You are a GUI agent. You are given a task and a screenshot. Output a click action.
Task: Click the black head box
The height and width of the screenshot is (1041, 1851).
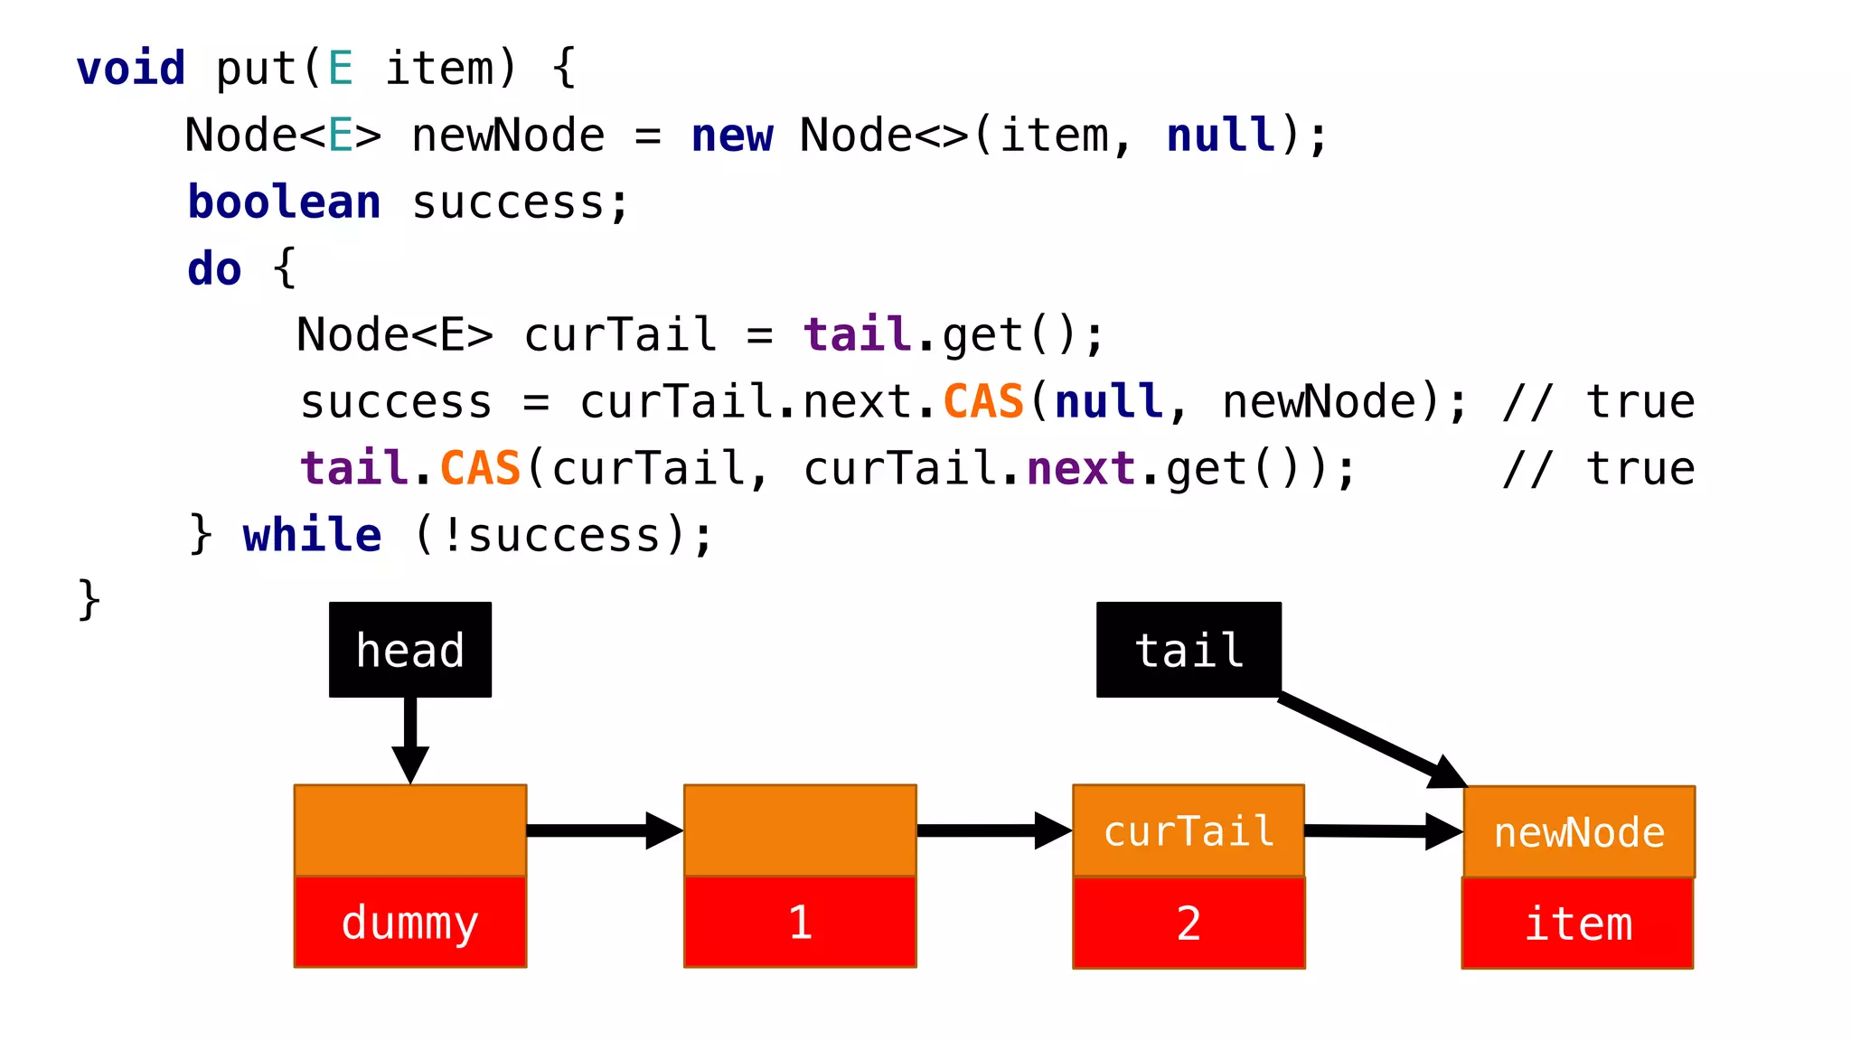click(x=409, y=650)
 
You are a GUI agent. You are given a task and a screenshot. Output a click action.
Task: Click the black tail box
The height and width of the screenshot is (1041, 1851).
click(x=1188, y=650)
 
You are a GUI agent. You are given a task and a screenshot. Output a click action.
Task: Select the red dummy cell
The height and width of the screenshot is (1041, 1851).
click(x=409, y=923)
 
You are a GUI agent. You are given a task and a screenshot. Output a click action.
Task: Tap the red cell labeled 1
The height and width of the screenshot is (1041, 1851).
click(x=800, y=923)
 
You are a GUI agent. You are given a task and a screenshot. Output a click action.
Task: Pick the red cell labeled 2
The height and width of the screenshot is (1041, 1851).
click(x=1189, y=923)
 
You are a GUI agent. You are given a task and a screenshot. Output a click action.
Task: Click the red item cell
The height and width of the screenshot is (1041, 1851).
click(x=1577, y=924)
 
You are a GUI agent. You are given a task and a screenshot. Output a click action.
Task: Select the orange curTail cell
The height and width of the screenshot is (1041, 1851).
click(x=1189, y=830)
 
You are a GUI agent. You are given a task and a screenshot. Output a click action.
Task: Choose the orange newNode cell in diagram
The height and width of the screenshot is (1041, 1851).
click(x=1579, y=832)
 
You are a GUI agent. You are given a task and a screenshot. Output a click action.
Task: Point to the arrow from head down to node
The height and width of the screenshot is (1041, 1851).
click(x=410, y=736)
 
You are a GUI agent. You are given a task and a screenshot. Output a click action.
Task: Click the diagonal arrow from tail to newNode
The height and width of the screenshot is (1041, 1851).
click(x=1369, y=739)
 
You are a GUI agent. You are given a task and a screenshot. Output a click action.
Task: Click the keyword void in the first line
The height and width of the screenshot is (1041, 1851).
click(x=131, y=70)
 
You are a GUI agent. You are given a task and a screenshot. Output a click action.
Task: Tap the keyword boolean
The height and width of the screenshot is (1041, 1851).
click(x=284, y=202)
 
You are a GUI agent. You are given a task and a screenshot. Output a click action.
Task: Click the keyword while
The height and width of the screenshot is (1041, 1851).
click(x=312, y=535)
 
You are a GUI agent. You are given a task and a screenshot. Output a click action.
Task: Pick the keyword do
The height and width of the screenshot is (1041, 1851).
click(x=214, y=269)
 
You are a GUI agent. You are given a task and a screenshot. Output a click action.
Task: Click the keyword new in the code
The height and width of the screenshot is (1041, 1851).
click(x=732, y=136)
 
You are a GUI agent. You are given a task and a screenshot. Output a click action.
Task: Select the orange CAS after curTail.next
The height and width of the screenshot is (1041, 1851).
click(x=983, y=402)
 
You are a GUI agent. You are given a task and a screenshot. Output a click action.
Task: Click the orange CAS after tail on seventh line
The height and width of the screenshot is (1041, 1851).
click(x=480, y=469)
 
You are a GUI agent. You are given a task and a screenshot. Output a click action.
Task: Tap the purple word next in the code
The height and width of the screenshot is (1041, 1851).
click(x=1081, y=469)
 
